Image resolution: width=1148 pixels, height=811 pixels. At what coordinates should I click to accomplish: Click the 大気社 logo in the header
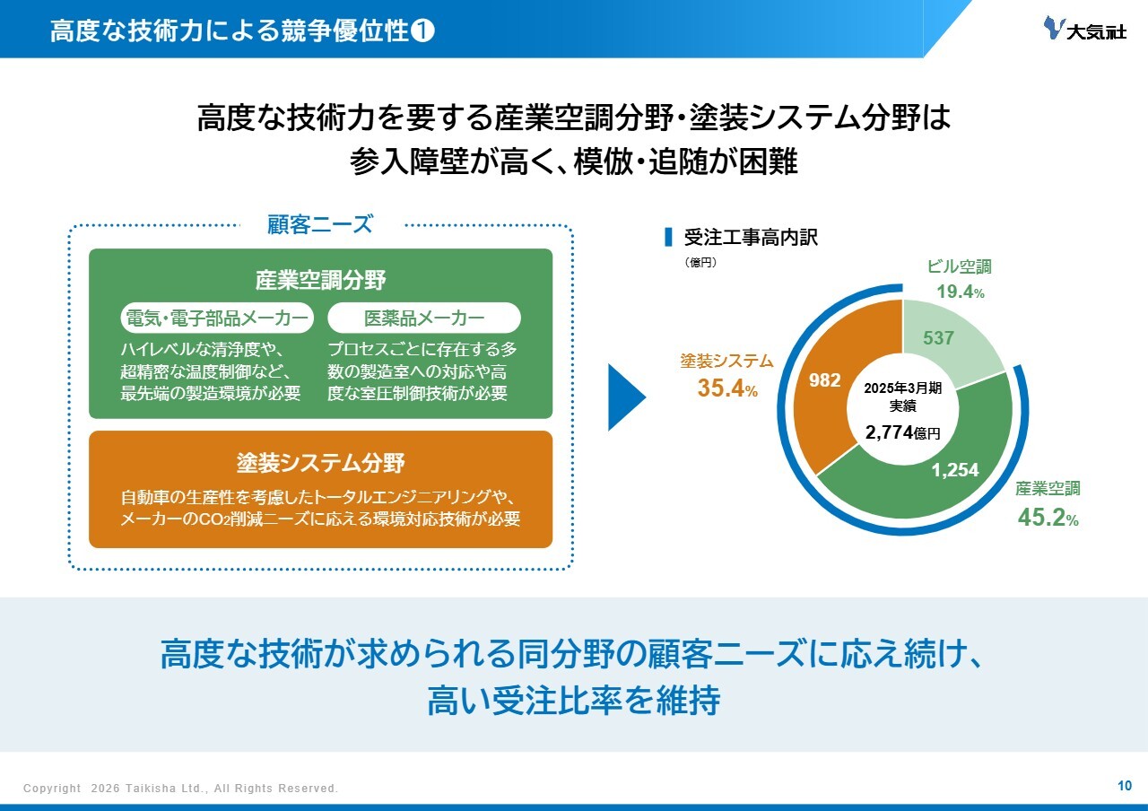click(x=1085, y=29)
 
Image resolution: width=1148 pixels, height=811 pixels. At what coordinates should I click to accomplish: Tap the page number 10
click(x=1125, y=786)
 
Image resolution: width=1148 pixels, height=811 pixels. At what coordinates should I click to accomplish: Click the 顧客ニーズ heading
click(x=320, y=224)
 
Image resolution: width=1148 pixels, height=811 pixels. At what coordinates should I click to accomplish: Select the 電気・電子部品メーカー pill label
click(x=217, y=318)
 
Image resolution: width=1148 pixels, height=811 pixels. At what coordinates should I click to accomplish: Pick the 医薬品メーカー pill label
click(x=424, y=318)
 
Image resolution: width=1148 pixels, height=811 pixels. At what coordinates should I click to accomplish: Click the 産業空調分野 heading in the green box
click(x=320, y=280)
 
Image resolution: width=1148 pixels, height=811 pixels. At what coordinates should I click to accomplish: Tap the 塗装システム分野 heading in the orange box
click(x=320, y=462)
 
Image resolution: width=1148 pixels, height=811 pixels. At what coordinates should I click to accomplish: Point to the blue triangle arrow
click(x=626, y=397)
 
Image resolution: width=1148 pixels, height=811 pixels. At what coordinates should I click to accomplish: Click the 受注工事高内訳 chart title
click(x=751, y=238)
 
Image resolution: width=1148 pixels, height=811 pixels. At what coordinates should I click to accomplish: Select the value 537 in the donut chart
click(x=938, y=338)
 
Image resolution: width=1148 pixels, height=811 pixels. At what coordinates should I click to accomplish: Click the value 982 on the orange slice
click(x=824, y=379)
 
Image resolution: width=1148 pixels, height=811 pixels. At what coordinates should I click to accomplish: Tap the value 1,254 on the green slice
click(x=955, y=469)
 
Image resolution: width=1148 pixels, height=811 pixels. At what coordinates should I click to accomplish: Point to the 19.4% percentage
click(x=961, y=292)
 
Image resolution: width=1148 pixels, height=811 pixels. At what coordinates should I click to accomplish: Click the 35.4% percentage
click(x=727, y=388)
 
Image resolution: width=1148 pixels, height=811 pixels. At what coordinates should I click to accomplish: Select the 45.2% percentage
click(x=1048, y=518)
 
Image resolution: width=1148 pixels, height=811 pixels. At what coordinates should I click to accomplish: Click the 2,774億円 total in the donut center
click(x=902, y=432)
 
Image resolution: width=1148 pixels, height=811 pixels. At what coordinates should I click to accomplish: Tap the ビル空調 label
click(x=960, y=266)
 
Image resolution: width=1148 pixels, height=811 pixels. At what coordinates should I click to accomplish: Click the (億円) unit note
click(x=700, y=263)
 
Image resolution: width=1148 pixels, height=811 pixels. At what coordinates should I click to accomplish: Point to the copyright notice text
click(x=180, y=788)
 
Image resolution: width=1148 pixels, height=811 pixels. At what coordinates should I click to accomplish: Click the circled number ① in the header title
click(x=422, y=31)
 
